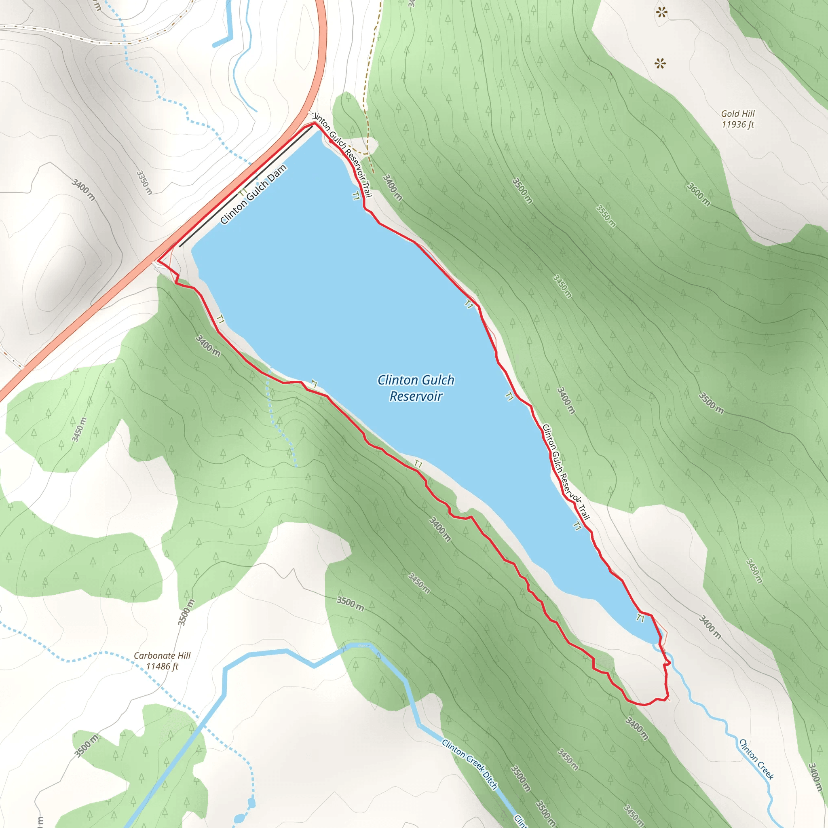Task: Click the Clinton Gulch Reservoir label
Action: (415, 388)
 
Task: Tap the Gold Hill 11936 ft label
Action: (737, 119)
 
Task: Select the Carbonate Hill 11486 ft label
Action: (162, 661)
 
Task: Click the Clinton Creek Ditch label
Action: (470, 764)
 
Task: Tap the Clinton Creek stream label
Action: (756, 759)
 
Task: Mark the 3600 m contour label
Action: (699, 194)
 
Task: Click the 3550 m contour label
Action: (606, 216)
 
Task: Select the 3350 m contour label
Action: (144, 182)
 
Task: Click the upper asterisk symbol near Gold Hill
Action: (662, 13)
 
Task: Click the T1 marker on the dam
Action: (243, 192)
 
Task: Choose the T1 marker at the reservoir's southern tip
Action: (640, 618)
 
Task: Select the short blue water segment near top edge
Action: (222, 42)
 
